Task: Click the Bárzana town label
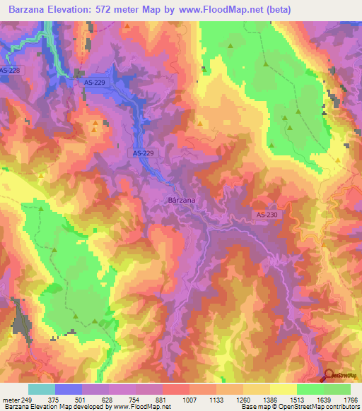(x=182, y=201)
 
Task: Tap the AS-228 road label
(x=9, y=70)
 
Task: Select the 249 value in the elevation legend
(x=25, y=399)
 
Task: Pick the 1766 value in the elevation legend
(x=350, y=399)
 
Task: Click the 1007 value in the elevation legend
(x=189, y=399)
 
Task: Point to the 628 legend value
(x=108, y=399)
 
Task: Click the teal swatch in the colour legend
(x=41, y=389)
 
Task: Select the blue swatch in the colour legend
(x=68, y=389)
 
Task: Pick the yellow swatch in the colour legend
(x=283, y=389)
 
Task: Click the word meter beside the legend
(x=8, y=399)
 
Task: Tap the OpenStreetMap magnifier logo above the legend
(x=329, y=376)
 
